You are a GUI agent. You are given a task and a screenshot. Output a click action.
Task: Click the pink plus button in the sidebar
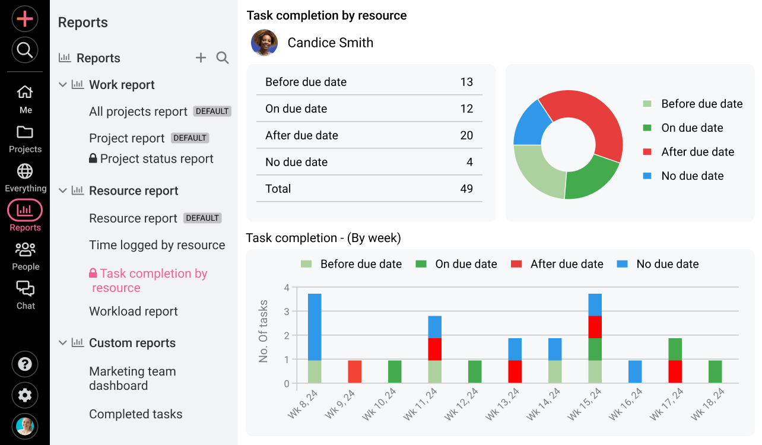(25, 18)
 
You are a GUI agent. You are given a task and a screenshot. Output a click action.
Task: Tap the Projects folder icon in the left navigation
(25, 132)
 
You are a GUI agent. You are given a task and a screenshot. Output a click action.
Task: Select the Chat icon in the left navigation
(25, 289)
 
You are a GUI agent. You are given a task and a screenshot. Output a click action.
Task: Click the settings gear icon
(25, 395)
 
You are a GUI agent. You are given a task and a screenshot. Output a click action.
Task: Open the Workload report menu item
(134, 311)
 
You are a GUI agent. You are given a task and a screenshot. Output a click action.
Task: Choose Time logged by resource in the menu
(157, 245)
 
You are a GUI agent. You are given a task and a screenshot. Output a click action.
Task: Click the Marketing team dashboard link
(132, 379)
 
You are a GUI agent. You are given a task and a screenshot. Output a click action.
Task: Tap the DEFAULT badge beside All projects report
(212, 112)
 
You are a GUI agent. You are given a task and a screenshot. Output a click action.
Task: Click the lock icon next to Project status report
(93, 159)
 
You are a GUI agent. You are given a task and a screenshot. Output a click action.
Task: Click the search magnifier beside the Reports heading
(223, 58)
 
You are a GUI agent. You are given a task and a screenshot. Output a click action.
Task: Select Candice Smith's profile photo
(265, 43)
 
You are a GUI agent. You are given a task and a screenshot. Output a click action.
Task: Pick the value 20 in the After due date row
(466, 135)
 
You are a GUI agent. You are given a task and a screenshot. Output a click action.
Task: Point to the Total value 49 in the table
(466, 189)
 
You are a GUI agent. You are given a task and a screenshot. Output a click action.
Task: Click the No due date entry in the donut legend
(692, 176)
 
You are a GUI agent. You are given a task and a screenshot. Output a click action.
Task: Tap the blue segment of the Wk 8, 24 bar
(315, 326)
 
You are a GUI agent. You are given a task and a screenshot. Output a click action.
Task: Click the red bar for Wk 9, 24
(354, 371)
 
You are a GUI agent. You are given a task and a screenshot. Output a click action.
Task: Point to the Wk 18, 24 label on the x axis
(709, 403)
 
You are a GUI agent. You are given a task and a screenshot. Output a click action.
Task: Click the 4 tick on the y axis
(287, 288)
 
